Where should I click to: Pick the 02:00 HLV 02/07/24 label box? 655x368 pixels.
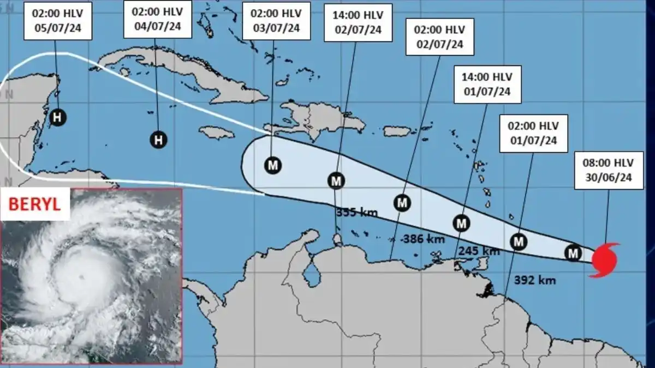coord(439,37)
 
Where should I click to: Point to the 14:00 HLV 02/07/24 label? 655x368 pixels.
coord(357,22)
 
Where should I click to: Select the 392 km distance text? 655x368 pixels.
coord(535,280)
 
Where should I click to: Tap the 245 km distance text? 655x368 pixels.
coord(479,251)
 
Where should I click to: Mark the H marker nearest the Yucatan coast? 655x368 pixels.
coord(57,116)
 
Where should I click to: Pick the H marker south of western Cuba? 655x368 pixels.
coord(158,140)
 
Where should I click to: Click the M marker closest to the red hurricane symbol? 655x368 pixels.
coord(573,252)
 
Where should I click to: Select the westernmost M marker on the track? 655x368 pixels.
coord(273,165)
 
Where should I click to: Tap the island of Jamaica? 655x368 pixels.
coord(217,132)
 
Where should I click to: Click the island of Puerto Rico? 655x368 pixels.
coord(397,131)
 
